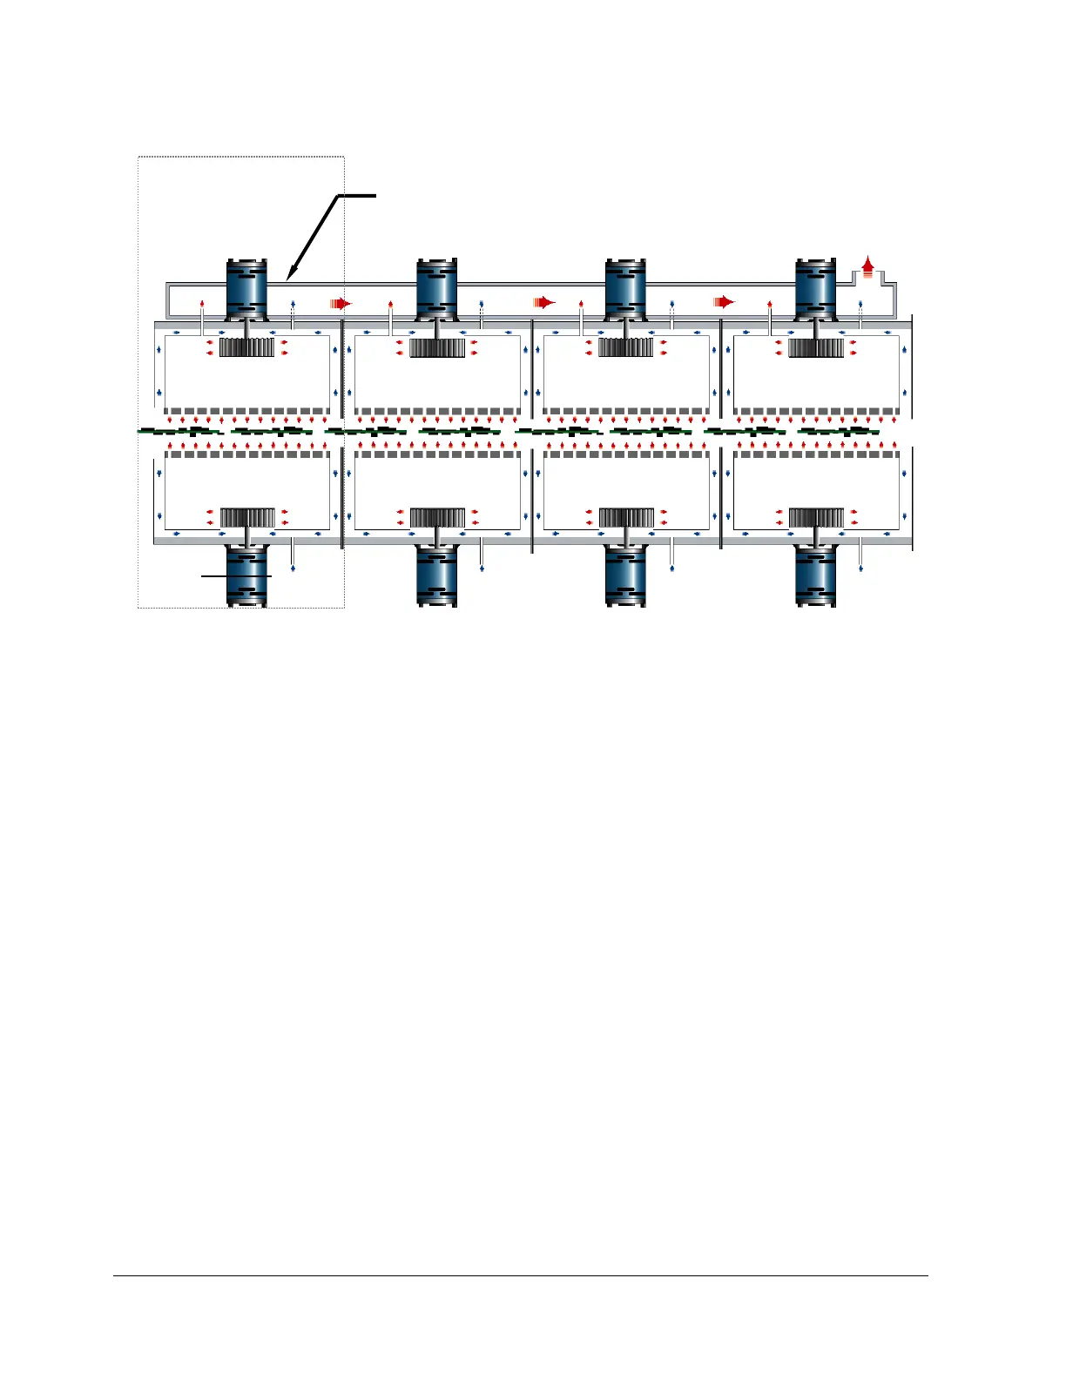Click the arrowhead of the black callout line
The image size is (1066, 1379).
tap(290, 277)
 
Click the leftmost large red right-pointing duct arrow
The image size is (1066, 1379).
tap(341, 303)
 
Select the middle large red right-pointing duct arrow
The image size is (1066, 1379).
tap(544, 303)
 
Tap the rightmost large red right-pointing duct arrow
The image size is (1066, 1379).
tap(724, 303)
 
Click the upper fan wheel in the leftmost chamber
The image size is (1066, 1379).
tap(246, 347)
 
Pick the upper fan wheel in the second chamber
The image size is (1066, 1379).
tap(436, 347)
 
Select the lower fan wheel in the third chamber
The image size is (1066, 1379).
tap(625, 518)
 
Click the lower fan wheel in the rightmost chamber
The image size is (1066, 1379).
tap(815, 518)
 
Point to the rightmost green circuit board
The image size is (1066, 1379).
tap(838, 432)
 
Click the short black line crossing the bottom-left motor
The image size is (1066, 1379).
tap(236, 576)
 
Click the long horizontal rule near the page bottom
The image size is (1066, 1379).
tap(521, 1276)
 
